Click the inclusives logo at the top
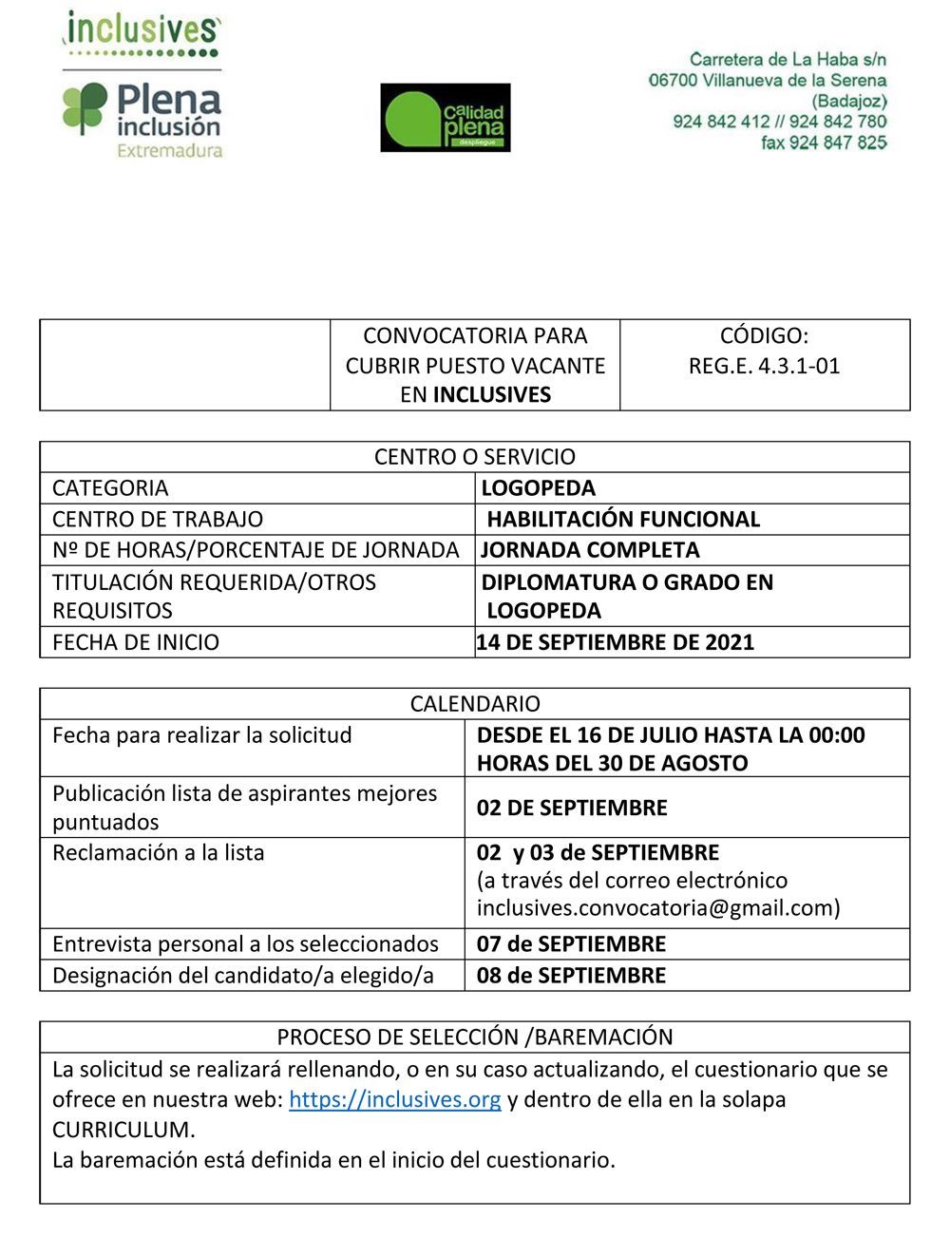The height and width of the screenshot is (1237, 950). tap(142, 30)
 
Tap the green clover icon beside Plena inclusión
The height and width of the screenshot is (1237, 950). tap(85, 107)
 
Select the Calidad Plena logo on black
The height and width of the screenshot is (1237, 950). tap(446, 118)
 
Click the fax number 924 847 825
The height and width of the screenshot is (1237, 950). tap(824, 143)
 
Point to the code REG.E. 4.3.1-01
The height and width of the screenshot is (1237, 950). tap(764, 366)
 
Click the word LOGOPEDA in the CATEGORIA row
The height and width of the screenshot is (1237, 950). tap(538, 488)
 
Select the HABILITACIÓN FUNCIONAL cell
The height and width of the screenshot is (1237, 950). tap(623, 520)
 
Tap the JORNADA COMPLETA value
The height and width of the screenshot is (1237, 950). tap(590, 550)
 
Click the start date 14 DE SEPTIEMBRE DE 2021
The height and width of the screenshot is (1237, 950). tap(616, 642)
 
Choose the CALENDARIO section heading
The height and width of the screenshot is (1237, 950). tap(475, 704)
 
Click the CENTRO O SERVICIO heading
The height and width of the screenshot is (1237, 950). tap(475, 457)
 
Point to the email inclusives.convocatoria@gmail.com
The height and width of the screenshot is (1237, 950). tap(658, 908)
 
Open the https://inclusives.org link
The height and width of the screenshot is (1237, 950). tap(395, 1099)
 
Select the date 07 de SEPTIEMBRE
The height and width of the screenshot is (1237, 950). tap(571, 944)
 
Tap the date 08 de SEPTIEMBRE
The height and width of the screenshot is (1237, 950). tap(571, 976)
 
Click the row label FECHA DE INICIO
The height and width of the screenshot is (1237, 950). tap(136, 642)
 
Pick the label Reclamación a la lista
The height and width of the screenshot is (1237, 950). tap(158, 853)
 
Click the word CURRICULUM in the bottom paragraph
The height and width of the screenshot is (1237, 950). tap(123, 1130)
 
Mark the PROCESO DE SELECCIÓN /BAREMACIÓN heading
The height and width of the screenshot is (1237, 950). tap(475, 1037)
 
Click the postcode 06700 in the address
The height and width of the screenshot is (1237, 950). tap(672, 81)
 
